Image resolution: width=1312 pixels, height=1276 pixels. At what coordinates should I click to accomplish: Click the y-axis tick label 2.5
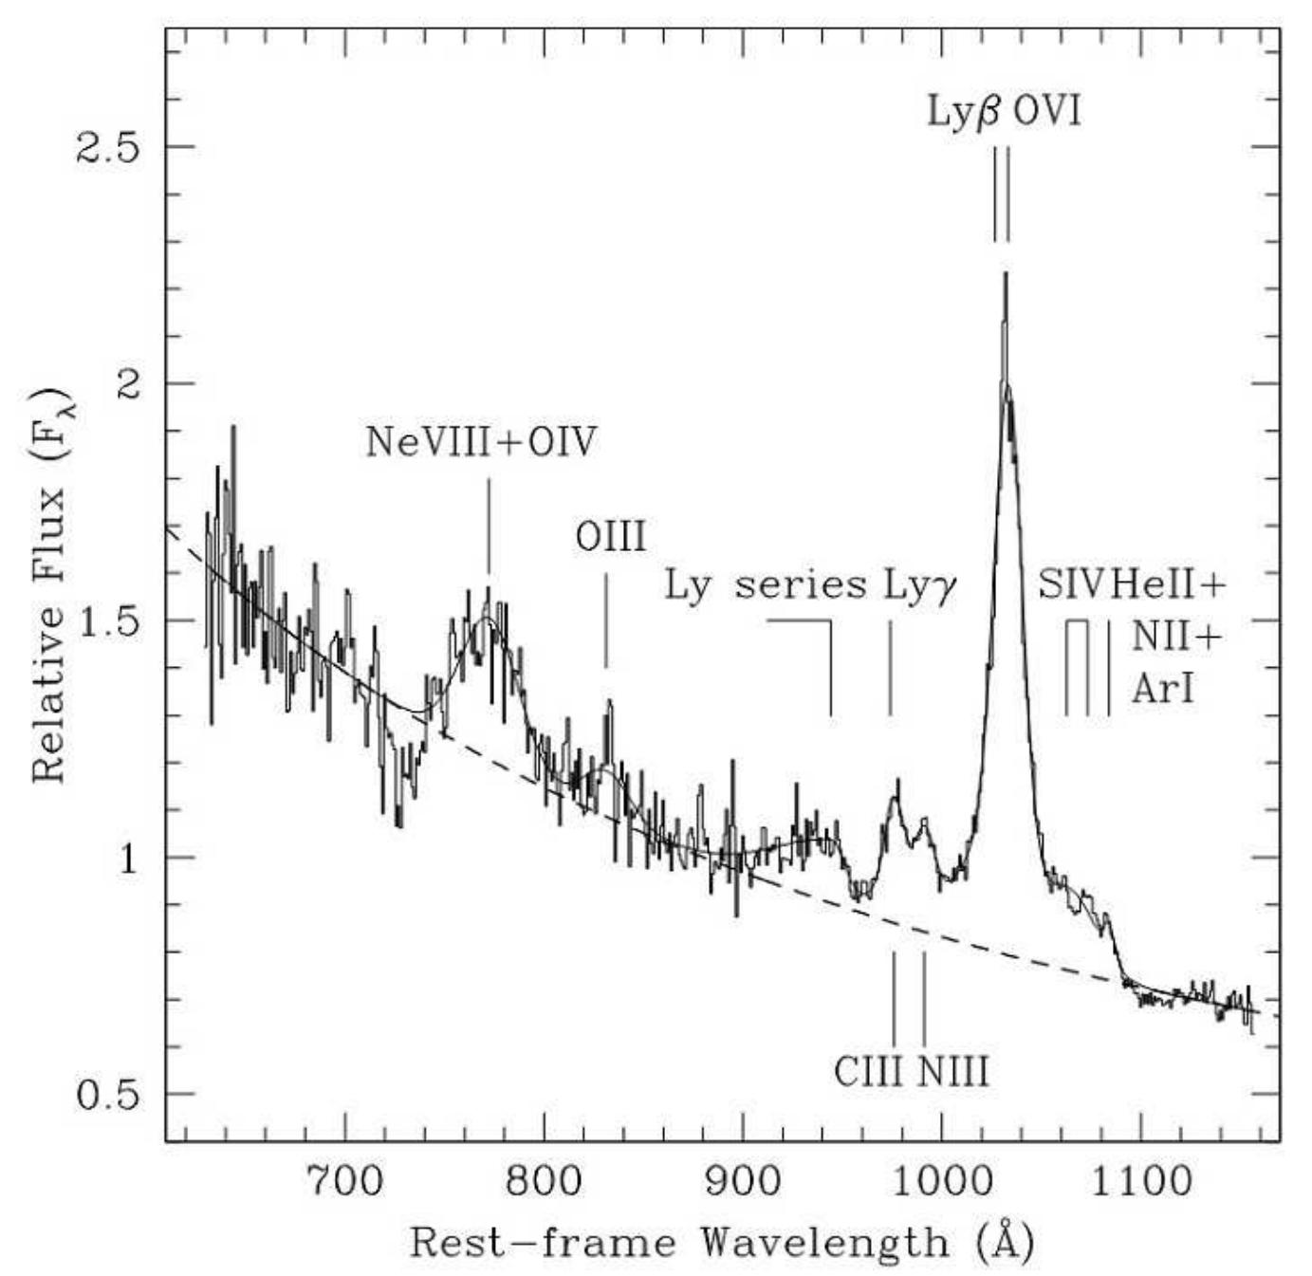pos(106,147)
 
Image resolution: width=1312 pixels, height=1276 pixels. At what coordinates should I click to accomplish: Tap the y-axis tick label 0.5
pos(106,1094)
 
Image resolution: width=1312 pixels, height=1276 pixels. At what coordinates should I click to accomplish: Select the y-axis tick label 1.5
pos(106,620)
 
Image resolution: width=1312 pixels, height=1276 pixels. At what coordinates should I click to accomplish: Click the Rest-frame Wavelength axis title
pos(721,1242)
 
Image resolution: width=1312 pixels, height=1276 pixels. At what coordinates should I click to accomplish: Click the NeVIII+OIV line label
pos(482,442)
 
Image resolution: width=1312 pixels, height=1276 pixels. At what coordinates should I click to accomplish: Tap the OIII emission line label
pos(611,537)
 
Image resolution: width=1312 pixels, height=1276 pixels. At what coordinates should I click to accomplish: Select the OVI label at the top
pos(1047,112)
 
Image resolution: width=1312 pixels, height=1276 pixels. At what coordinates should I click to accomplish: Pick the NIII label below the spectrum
pos(953,1072)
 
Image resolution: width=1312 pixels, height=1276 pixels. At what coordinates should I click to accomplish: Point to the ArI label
pos(1162,690)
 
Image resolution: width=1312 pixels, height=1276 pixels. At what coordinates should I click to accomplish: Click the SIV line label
pos(1071,584)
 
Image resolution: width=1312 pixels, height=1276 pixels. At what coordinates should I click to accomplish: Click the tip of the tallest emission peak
pos(1005,274)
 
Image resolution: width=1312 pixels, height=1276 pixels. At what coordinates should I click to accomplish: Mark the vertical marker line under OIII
pos(605,620)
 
